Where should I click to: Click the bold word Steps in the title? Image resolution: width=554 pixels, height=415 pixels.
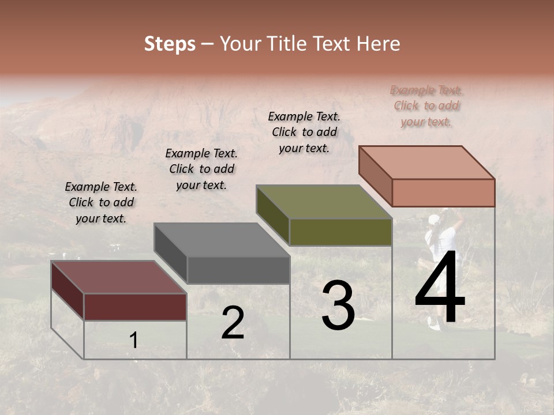(170, 44)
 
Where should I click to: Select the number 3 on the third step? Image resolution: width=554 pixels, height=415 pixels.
(338, 305)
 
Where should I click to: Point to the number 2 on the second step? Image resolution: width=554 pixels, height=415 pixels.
(233, 323)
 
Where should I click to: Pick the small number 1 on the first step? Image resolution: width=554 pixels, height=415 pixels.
(134, 341)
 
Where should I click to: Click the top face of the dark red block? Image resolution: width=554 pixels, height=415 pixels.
(119, 277)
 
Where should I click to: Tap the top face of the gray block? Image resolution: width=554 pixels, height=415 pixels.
(222, 240)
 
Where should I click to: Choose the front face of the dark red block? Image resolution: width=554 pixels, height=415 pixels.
(135, 307)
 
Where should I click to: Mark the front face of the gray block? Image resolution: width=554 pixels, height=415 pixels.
(238, 270)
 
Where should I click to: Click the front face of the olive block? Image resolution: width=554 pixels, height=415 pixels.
(340, 232)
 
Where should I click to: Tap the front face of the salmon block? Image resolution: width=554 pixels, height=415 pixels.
(443, 193)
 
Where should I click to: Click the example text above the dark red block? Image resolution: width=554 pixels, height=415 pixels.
(101, 202)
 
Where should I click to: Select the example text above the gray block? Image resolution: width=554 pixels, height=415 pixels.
(201, 169)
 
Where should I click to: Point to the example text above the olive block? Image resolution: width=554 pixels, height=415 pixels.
(304, 132)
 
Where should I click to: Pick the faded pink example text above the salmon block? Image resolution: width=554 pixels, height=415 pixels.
(426, 105)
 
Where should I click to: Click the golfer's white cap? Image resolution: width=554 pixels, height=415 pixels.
(435, 220)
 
